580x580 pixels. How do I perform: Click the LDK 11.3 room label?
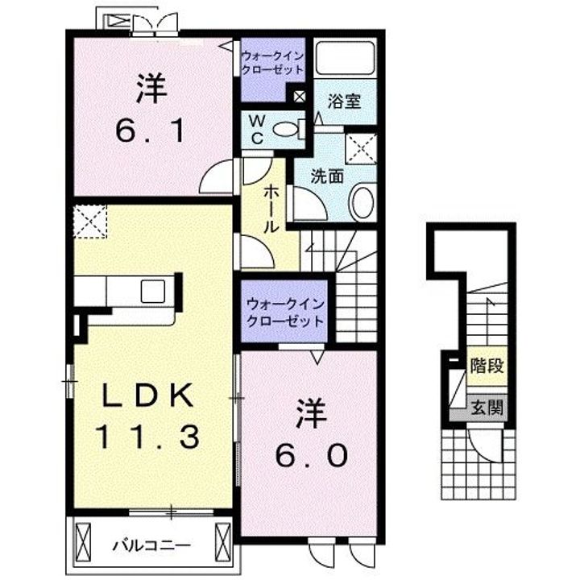[147, 415]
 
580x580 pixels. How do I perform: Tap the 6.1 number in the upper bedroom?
[150, 131]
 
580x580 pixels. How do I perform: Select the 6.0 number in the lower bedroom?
[312, 455]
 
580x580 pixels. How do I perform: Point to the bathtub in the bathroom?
[345, 59]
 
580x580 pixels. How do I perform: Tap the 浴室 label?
[345, 101]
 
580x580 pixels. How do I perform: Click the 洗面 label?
[327, 176]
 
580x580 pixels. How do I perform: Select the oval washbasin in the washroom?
[363, 201]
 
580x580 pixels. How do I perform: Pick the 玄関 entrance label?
[487, 408]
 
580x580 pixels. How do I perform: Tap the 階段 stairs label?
[487, 366]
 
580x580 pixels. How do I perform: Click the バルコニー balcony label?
[151, 545]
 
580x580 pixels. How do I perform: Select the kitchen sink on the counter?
[153, 291]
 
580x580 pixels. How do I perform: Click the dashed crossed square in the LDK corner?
[90, 222]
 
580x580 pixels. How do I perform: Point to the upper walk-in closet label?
[272, 63]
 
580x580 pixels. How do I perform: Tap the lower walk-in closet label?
[285, 313]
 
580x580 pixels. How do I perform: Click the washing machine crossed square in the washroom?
[361, 149]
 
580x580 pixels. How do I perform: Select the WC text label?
[257, 129]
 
